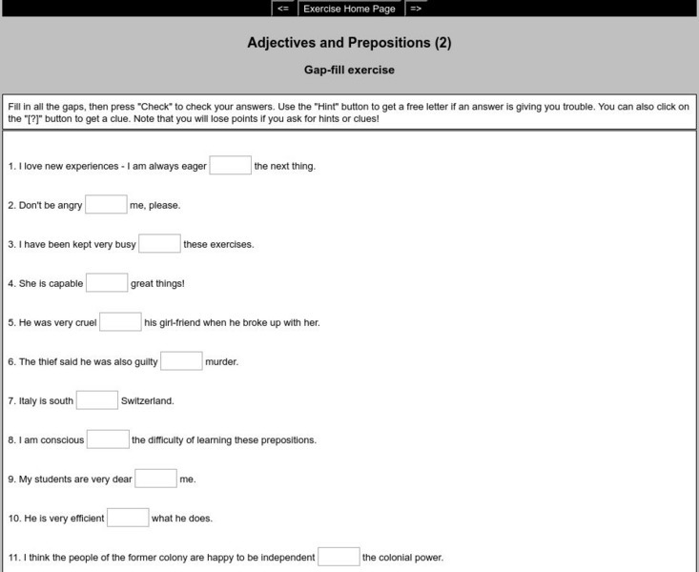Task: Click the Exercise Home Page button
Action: (x=349, y=9)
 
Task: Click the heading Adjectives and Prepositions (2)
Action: (x=349, y=43)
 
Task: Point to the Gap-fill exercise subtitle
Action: (x=349, y=70)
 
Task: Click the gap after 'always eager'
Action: (x=230, y=166)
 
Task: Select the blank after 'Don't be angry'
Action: (x=106, y=205)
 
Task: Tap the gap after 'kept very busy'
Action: (x=159, y=244)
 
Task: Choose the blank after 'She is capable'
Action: (x=107, y=283)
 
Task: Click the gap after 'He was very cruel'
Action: (x=120, y=322)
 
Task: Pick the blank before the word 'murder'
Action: (x=181, y=361)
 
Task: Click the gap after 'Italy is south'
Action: (x=96, y=400)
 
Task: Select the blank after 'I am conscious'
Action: (x=108, y=439)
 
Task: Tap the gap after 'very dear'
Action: (x=155, y=479)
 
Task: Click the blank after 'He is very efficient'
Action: (x=128, y=518)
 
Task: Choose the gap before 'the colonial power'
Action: (x=339, y=557)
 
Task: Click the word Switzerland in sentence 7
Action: (x=147, y=401)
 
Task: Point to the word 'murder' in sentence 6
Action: (x=221, y=362)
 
